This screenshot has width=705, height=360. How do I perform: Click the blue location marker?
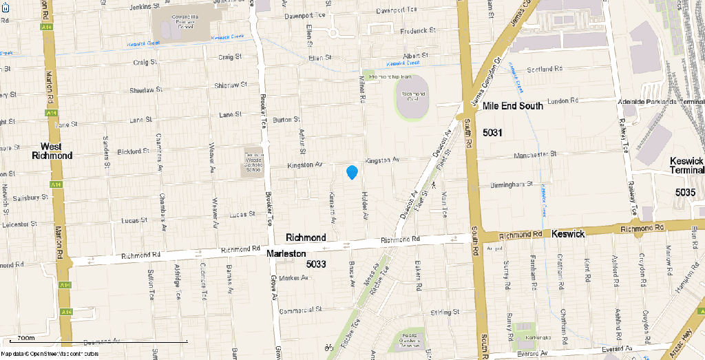pyautogui.click(x=352, y=171)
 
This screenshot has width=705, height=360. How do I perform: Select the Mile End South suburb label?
pyautogui.click(x=513, y=106)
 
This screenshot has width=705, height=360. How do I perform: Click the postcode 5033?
pyautogui.click(x=315, y=264)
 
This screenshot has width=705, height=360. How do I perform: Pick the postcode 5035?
pyautogui.click(x=685, y=193)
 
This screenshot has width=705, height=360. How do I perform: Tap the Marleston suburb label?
pyautogui.click(x=288, y=254)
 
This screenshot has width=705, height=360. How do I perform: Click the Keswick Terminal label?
pyautogui.click(x=687, y=165)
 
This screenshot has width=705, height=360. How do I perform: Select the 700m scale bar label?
pyautogui.click(x=26, y=338)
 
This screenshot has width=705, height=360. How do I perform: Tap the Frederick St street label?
pyautogui.click(x=418, y=31)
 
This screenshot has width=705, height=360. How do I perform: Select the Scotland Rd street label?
pyautogui.click(x=545, y=70)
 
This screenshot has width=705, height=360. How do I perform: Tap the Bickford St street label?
pyautogui.click(x=134, y=151)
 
